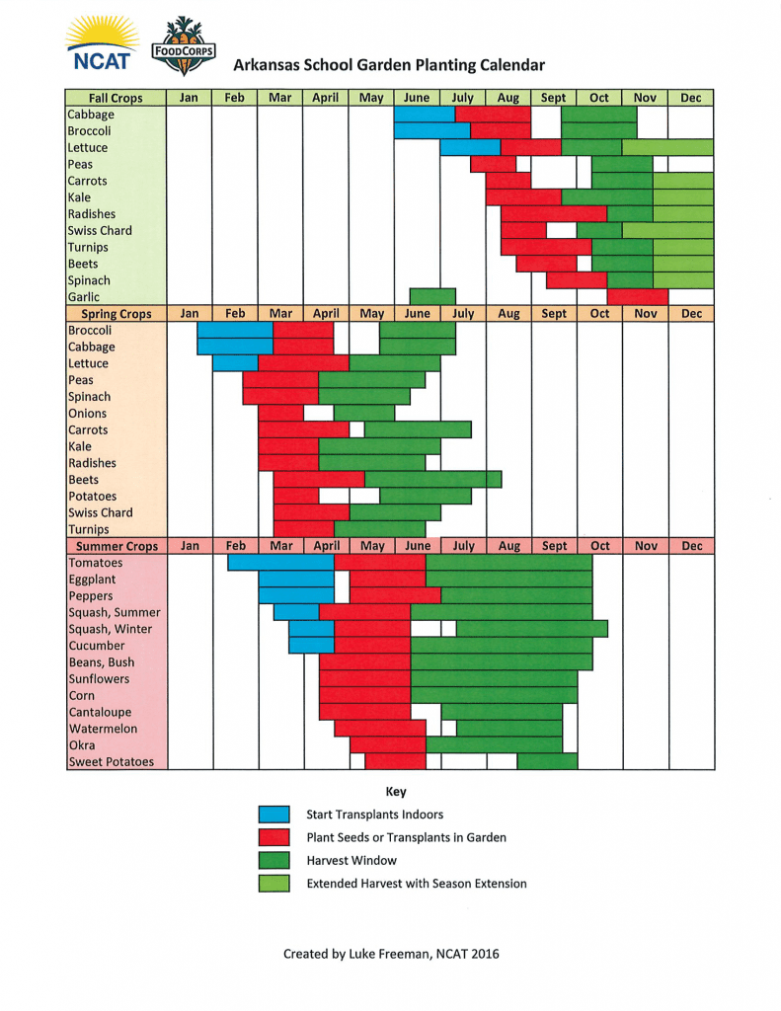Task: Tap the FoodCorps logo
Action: coord(183,46)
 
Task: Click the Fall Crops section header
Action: coord(116,98)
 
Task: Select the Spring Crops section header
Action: coord(116,314)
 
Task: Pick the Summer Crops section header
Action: coord(116,546)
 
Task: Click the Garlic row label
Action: coord(83,297)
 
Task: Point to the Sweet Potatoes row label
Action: coord(111,762)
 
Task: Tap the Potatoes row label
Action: coord(92,497)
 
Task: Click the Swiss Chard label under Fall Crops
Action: coord(100,231)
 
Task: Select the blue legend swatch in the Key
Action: coord(273,815)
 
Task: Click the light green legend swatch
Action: coord(273,883)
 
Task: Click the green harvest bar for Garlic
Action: coord(432,296)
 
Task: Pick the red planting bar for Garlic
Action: coord(638,296)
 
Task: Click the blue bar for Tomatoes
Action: coord(280,563)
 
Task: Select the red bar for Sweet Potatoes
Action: coord(395,761)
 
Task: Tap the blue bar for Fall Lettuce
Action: coord(470,147)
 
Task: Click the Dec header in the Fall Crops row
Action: coord(691,98)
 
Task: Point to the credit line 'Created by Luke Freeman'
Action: coord(391,954)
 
